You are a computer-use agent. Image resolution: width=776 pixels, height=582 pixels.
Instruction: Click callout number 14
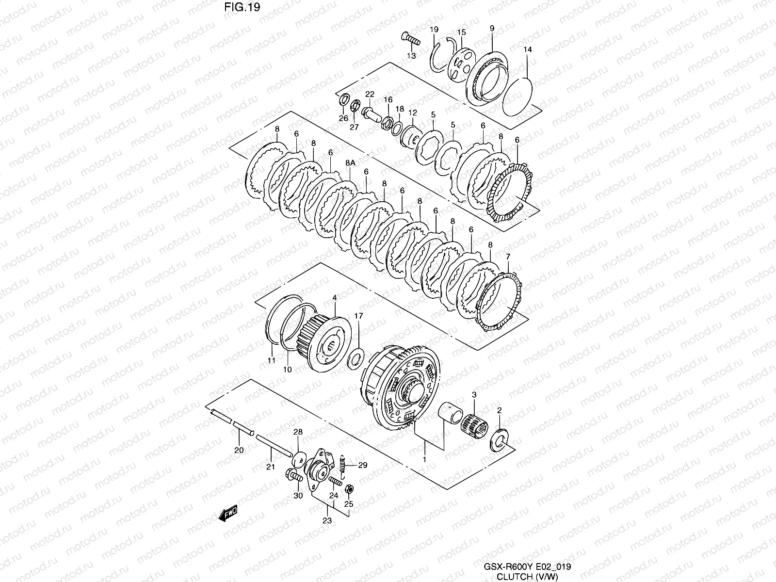point(528,49)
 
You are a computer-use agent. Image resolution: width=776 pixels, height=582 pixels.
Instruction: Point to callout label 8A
point(350,163)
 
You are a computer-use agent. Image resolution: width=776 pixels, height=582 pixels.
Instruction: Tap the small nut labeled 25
point(348,488)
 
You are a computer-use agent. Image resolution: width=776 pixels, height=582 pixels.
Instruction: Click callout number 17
point(358,316)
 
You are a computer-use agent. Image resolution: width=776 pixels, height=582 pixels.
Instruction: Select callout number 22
point(370,94)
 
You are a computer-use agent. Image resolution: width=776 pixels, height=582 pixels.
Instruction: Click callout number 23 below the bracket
point(327,521)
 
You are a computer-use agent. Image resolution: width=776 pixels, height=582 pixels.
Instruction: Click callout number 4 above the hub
point(334,298)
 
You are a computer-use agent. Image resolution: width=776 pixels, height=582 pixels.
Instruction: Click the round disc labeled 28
point(300,456)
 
